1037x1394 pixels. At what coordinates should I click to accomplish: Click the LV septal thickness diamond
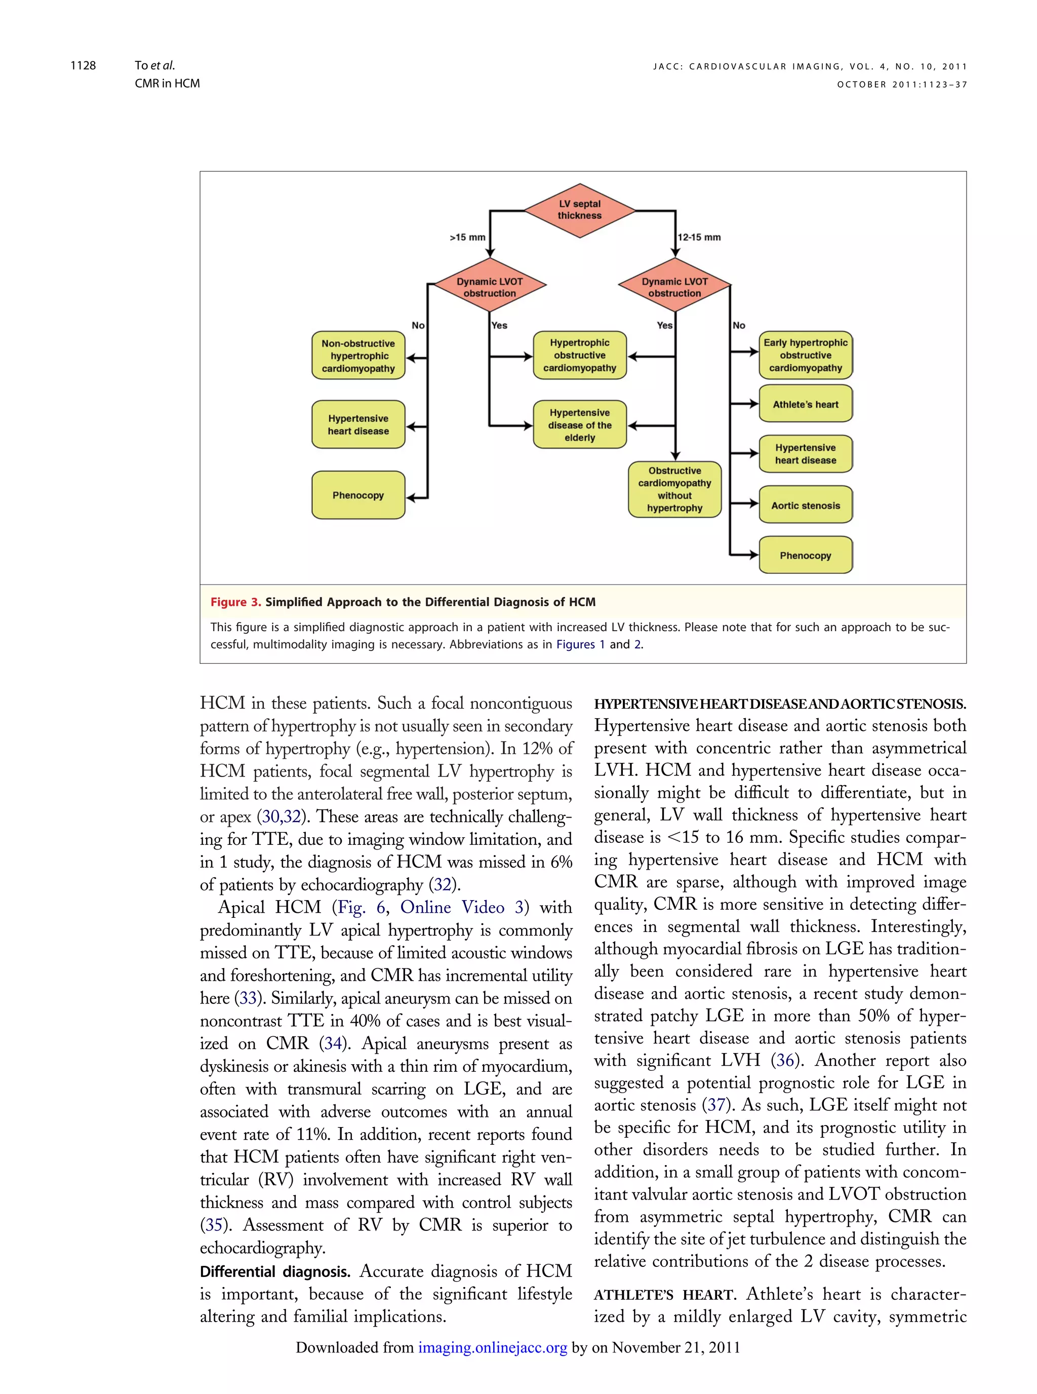pos(579,210)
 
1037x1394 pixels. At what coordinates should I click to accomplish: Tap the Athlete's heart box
pos(806,404)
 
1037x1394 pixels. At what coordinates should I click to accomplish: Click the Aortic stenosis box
pos(806,506)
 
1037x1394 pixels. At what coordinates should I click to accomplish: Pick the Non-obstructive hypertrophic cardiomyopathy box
pos(358,356)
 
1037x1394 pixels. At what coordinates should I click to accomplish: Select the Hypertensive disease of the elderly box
pos(579,425)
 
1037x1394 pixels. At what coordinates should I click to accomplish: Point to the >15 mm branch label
pos(467,238)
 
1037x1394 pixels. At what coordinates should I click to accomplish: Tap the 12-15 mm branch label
pos(699,238)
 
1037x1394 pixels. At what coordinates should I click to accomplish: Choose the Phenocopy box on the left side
pos(358,495)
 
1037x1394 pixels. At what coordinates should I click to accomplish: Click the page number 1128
pos(83,66)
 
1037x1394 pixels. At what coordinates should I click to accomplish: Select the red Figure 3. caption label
pos(235,602)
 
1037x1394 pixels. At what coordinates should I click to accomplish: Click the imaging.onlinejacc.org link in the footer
pos(492,1347)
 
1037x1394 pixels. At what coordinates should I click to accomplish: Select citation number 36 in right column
pos(785,1061)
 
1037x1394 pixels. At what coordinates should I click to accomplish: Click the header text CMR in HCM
pos(167,84)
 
